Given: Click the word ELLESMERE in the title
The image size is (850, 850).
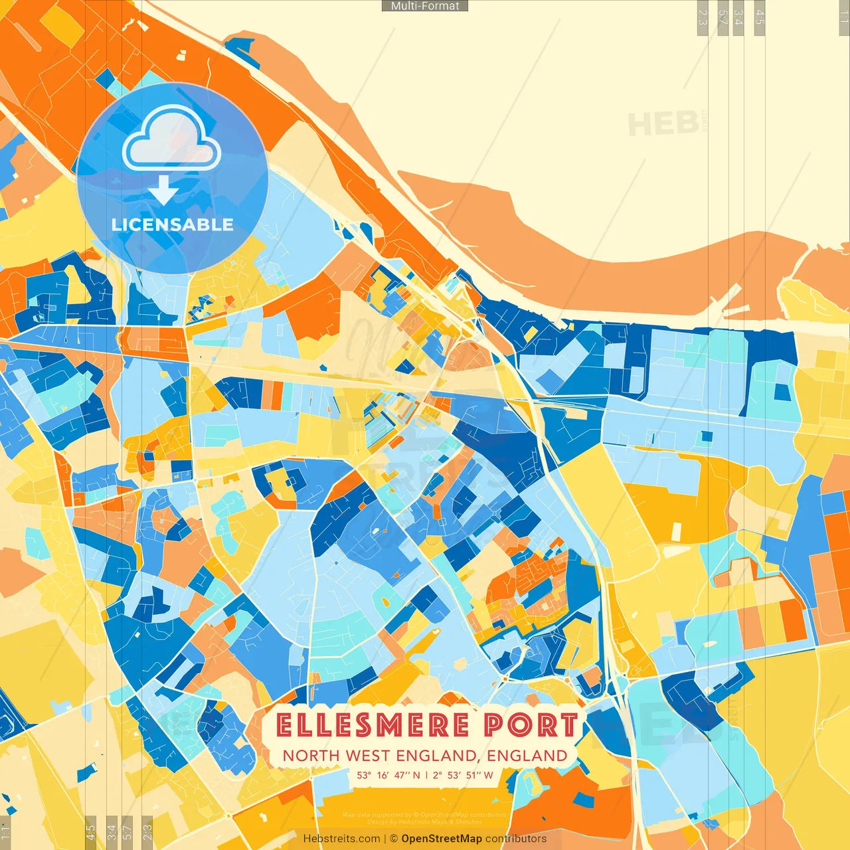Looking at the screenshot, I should tap(373, 724).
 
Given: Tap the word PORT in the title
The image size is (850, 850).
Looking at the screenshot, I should tap(530, 724).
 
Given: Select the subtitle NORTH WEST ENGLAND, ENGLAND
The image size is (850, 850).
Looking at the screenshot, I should tap(425, 756).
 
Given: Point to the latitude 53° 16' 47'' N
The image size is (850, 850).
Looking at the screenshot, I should tap(388, 775).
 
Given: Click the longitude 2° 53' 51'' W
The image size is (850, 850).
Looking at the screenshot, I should tap(463, 775).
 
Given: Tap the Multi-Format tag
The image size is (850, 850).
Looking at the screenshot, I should tap(425, 6).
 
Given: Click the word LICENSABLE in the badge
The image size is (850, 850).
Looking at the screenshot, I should tap(172, 224).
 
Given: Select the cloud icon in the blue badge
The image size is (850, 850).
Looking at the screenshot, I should tap(171, 137).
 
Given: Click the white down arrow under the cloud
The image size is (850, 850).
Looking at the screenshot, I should tap(163, 190).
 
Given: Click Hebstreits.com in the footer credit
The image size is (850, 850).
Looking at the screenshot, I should tap(341, 839).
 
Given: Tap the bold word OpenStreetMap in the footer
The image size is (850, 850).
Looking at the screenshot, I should tap(442, 839).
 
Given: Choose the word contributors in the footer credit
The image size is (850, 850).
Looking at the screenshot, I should tap(516, 839).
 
